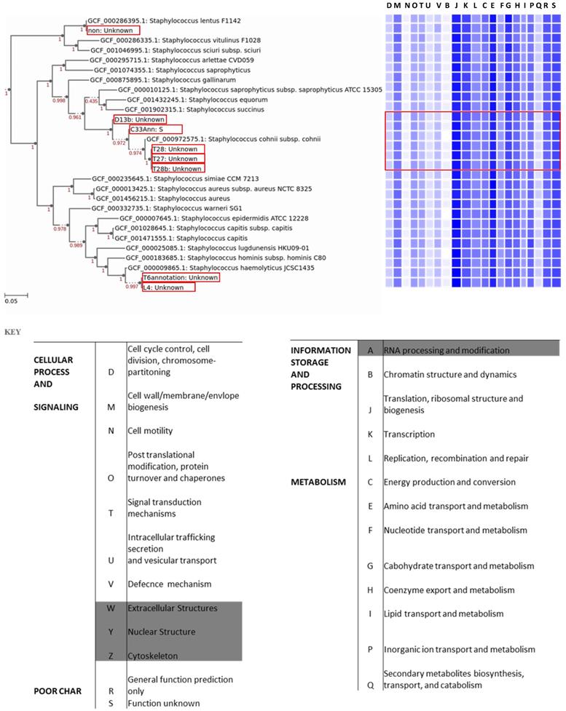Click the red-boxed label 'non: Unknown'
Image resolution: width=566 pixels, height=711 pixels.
112,31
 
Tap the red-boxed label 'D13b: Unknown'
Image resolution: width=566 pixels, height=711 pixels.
139,119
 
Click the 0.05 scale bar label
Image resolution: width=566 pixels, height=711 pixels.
12,300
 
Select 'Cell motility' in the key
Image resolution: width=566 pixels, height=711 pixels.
149,431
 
